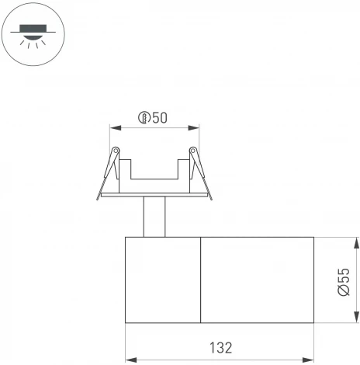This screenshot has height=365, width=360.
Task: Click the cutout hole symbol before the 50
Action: tap(144, 118)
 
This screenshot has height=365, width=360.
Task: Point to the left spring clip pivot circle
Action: tap(116, 150)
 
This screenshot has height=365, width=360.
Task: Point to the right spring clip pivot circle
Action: tap(193, 150)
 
